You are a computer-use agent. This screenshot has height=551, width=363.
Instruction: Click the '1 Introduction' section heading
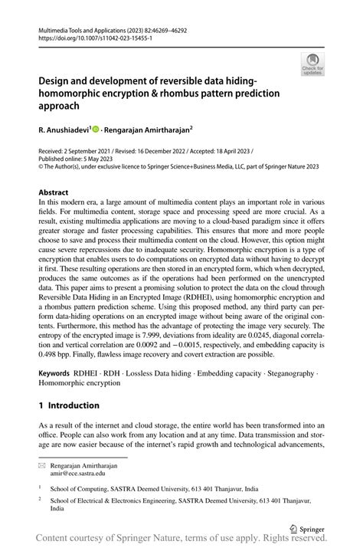pyautogui.click(x=69, y=405)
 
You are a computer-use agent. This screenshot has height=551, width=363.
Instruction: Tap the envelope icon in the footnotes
pyautogui.click(x=41, y=464)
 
